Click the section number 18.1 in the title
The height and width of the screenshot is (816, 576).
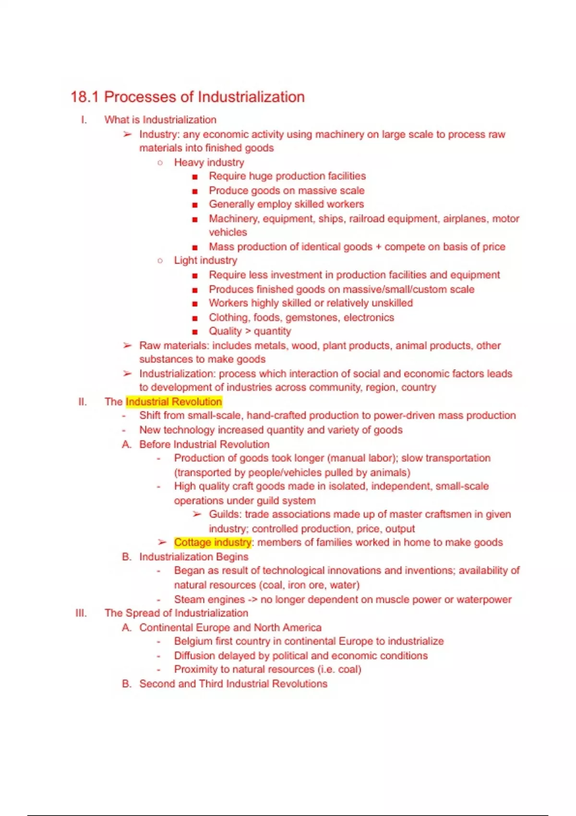coord(84,97)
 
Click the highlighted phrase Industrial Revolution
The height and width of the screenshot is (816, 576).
coord(174,402)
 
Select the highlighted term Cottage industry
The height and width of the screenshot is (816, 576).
coord(212,542)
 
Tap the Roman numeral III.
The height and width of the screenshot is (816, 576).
coord(81,613)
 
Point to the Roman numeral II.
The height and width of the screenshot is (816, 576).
coord(83,402)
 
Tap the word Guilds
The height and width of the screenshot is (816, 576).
coord(224,514)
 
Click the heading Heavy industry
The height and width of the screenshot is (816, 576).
coord(209,162)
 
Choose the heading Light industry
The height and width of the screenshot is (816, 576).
coord(205,260)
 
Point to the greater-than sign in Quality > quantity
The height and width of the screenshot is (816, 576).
coord(248,331)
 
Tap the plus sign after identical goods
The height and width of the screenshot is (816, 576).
coord(378,247)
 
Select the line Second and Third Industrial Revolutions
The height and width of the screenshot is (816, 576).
coord(233,684)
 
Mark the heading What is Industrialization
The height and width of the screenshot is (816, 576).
coord(160,120)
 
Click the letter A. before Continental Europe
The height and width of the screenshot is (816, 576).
coord(126,627)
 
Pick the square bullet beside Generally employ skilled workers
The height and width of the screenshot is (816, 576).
coord(194,205)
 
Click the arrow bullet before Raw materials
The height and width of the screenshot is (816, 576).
coord(127,346)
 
